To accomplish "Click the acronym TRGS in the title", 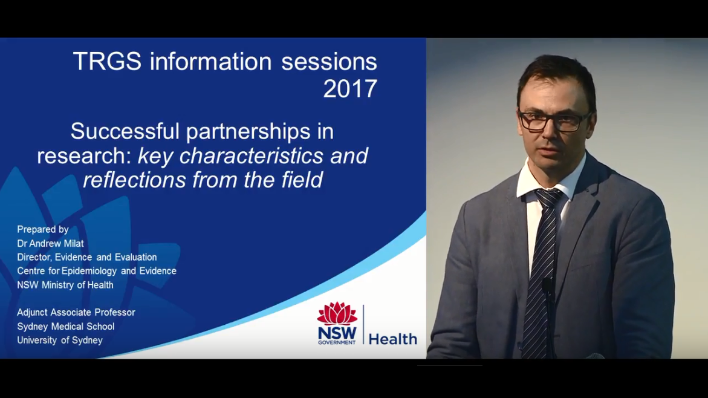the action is coord(108,61).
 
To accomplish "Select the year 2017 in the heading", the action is coord(351,88).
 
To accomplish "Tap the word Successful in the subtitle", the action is coord(125,131).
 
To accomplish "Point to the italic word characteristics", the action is coord(251,156).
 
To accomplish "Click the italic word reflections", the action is coord(134,180).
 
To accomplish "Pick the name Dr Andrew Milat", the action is coord(51,244).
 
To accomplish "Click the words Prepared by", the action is coord(43,229).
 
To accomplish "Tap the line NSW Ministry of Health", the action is coord(65,285).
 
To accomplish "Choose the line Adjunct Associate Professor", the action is coord(76,313).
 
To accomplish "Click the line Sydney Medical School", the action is coord(66,327).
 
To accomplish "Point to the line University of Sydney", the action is coord(60,340).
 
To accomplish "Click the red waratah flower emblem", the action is coord(337,313).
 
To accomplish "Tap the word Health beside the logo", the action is coord(393,339).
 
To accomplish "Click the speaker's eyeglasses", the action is coord(554,121).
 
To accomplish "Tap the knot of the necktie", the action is coord(548,198).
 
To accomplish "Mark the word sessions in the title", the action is coord(329,61).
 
